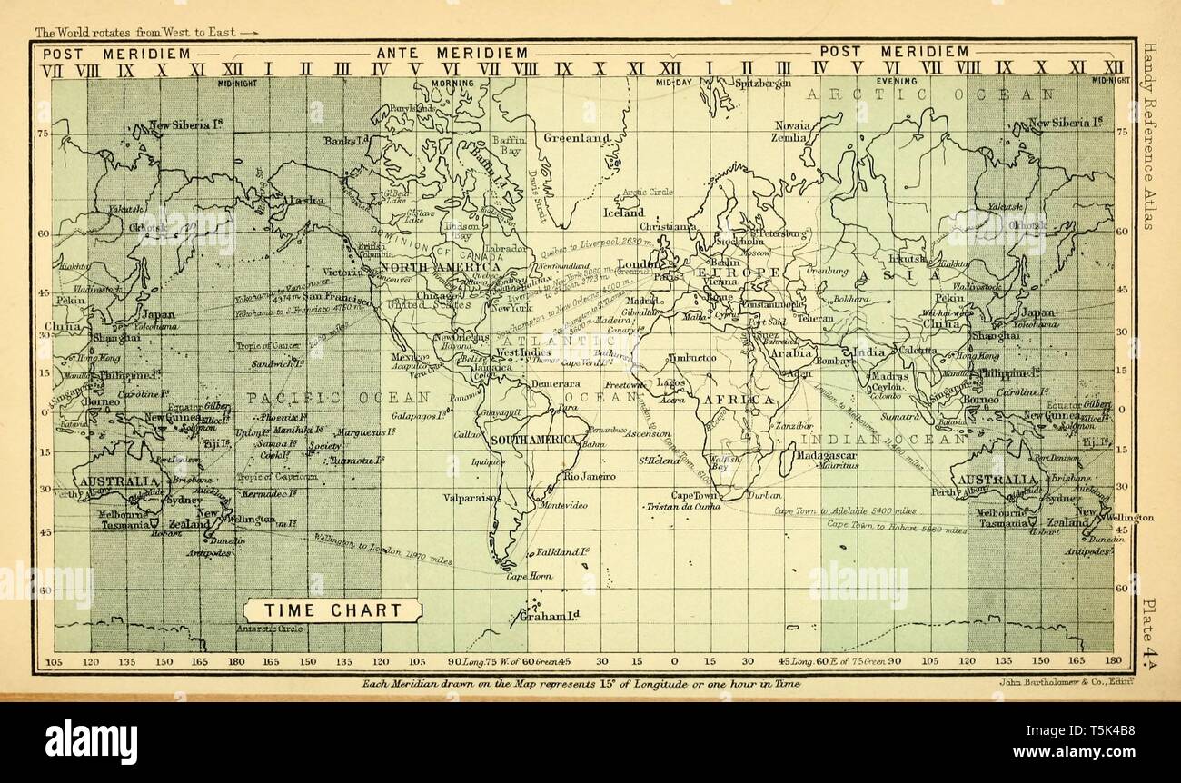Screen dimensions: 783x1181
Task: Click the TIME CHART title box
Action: click(x=332, y=610)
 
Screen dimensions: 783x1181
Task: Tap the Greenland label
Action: click(x=577, y=138)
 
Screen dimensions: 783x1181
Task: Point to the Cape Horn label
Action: click(x=529, y=576)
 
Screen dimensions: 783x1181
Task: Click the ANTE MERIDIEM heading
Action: click(x=452, y=52)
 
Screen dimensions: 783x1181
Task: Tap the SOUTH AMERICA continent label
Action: click(x=535, y=440)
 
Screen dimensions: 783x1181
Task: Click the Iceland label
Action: click(x=623, y=213)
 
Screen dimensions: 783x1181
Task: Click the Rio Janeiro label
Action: click(x=590, y=476)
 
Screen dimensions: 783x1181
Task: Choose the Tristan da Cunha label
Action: click(x=682, y=506)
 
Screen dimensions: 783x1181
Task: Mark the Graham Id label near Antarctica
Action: click(x=550, y=617)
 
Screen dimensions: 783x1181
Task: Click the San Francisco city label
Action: click(x=337, y=297)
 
